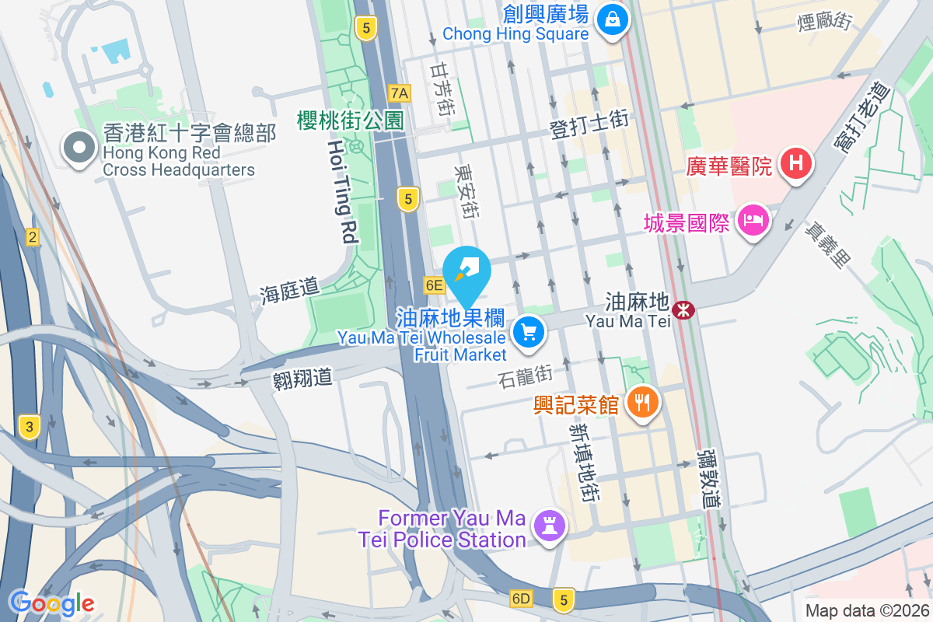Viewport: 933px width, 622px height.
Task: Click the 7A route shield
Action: point(400,94)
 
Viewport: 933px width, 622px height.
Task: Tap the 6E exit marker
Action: point(433,285)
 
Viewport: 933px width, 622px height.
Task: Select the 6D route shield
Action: point(521,599)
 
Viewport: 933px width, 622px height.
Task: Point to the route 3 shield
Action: point(30,426)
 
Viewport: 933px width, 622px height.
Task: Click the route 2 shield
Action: point(32,237)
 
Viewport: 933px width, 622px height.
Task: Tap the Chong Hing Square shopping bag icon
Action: point(613,19)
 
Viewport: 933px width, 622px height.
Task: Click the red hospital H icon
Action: point(796,164)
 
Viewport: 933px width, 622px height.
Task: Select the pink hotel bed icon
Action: point(753,221)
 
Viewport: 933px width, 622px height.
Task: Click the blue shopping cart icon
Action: point(529,334)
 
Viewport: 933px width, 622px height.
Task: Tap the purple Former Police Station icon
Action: point(550,527)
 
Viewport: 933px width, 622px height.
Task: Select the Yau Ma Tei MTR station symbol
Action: point(684,311)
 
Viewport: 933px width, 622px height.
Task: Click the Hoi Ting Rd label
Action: point(341,193)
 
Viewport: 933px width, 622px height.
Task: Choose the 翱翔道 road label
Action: point(302,378)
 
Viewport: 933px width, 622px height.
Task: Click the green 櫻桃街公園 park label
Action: point(351,121)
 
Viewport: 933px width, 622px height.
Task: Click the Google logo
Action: point(51,603)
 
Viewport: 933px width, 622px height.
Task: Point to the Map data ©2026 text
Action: point(867,611)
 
